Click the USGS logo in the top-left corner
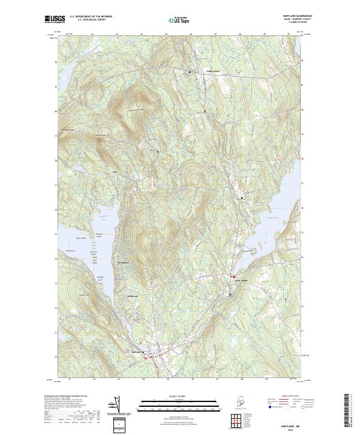pos(55,19)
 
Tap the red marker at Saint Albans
pos(233,277)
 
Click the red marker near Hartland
pos(145,357)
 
